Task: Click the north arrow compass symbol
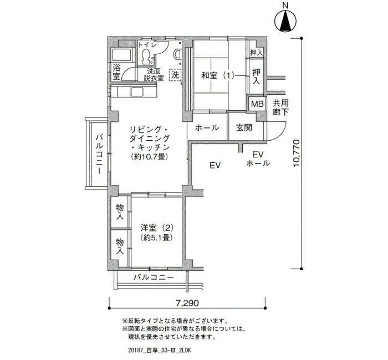(285, 22)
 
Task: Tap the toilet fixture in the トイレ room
(145, 56)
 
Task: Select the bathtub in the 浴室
(121, 55)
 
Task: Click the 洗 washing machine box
(176, 74)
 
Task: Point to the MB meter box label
(257, 104)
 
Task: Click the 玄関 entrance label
(244, 127)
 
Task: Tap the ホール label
(207, 127)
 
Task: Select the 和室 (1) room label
(217, 75)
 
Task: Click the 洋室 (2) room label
(157, 228)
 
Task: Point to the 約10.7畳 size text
(150, 157)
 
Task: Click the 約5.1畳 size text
(156, 238)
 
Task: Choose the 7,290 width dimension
(187, 303)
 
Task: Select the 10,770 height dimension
(296, 153)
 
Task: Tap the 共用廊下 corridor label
(280, 107)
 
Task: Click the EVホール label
(258, 159)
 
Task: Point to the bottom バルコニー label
(154, 277)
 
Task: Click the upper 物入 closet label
(120, 212)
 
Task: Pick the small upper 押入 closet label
(256, 53)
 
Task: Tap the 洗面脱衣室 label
(154, 75)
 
